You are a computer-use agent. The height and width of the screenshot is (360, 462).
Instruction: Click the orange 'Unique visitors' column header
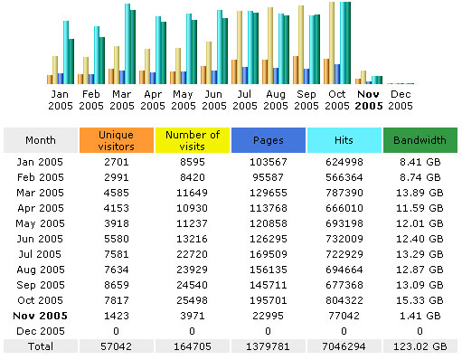(x=115, y=140)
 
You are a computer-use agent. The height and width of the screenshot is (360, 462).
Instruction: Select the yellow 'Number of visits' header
(x=192, y=140)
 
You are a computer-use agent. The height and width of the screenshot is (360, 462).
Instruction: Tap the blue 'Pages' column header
(x=268, y=140)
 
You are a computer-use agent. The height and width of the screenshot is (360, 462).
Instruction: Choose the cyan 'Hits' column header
(x=344, y=140)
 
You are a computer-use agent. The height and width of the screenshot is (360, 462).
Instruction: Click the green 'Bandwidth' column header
(x=420, y=140)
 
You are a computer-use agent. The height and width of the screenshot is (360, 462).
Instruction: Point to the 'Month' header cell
(x=40, y=140)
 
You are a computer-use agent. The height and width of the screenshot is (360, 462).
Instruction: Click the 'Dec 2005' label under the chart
(x=400, y=99)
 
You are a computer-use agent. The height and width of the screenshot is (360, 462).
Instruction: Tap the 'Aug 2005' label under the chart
(x=277, y=99)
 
